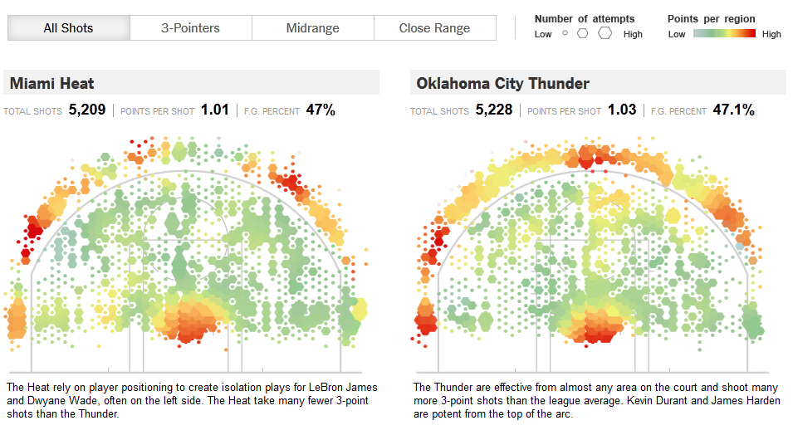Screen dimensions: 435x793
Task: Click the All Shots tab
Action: click(68, 28)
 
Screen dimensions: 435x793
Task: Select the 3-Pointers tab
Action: click(190, 28)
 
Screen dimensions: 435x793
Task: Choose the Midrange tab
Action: click(312, 28)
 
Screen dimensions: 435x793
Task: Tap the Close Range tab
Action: click(434, 28)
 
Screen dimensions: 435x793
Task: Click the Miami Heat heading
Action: click(51, 83)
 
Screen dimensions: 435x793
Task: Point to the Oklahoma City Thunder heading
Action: click(502, 83)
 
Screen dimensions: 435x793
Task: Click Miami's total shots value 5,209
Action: click(87, 109)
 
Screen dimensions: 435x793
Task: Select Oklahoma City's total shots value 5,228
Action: click(494, 109)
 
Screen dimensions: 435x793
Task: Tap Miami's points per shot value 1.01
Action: click(214, 109)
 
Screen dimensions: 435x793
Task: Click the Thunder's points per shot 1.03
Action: click(622, 109)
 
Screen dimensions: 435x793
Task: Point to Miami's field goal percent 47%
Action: click(321, 109)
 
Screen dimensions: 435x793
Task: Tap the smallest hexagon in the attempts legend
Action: click(565, 34)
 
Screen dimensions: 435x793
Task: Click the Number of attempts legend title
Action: click(585, 18)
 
